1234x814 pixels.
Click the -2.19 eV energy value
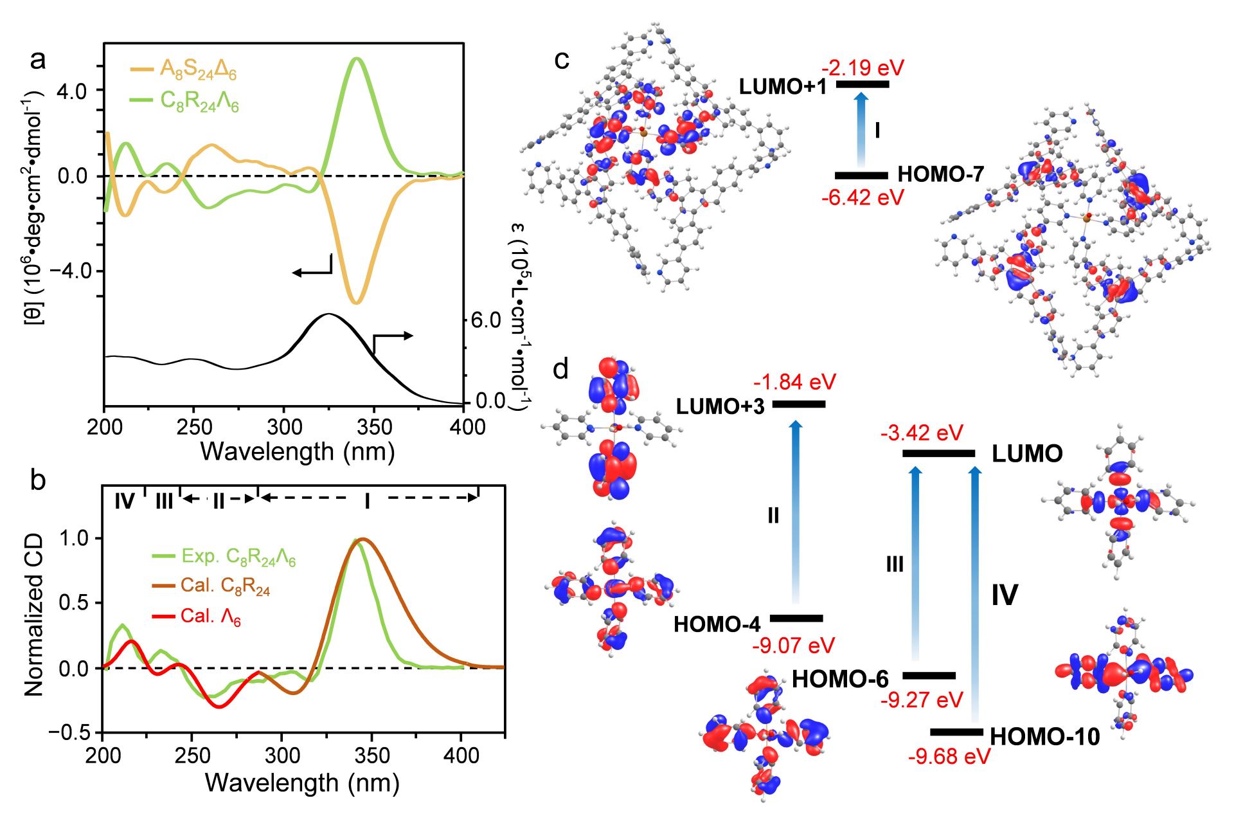pos(863,68)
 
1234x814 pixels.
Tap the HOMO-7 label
pos(941,174)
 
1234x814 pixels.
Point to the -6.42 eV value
pos(863,197)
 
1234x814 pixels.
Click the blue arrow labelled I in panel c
pos(863,129)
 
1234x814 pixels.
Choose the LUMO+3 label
pos(720,407)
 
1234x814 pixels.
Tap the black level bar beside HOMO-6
pos(929,675)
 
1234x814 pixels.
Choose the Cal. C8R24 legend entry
pos(219,588)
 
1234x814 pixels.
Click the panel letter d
pos(560,371)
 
